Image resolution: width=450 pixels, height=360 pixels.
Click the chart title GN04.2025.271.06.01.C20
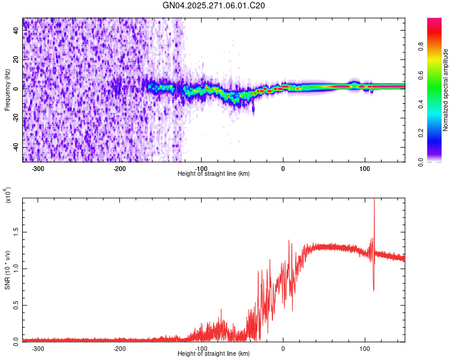pyautogui.click(x=214, y=5)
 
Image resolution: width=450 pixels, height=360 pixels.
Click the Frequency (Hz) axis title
pyautogui.click(x=8, y=90)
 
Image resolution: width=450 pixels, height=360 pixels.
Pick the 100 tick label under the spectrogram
pyautogui.click(x=364, y=169)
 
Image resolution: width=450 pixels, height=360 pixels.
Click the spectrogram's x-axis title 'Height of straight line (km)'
pyautogui.click(x=214, y=174)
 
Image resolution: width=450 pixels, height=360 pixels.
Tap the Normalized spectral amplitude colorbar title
pyautogui.click(x=446, y=90)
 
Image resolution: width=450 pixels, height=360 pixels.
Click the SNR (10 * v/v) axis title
pyautogui.click(x=8, y=270)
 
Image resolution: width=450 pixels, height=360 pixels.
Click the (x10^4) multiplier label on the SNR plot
pyautogui.click(x=8, y=196)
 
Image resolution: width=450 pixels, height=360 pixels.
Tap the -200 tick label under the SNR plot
pyautogui.click(x=119, y=349)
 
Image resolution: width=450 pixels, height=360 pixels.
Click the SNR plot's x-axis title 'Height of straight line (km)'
pyautogui.click(x=214, y=354)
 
